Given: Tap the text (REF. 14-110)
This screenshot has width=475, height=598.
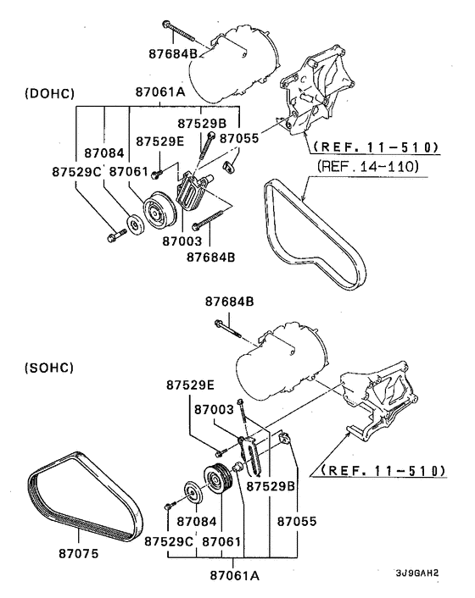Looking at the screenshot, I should [370, 167].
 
